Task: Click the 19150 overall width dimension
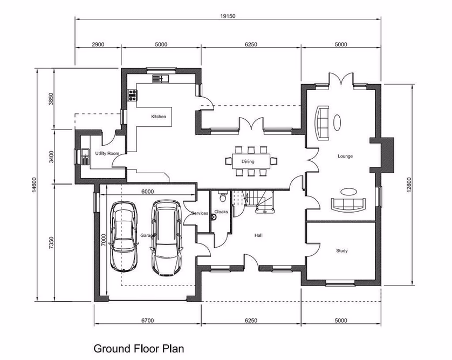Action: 227,16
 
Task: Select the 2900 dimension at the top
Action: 98,44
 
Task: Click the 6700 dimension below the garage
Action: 147,321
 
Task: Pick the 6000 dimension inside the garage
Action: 148,192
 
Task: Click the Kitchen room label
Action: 159,117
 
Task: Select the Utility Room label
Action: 106,154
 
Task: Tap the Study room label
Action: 341,251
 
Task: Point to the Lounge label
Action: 345,157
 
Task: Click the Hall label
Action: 258,235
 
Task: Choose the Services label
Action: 200,214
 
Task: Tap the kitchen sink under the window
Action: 160,79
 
